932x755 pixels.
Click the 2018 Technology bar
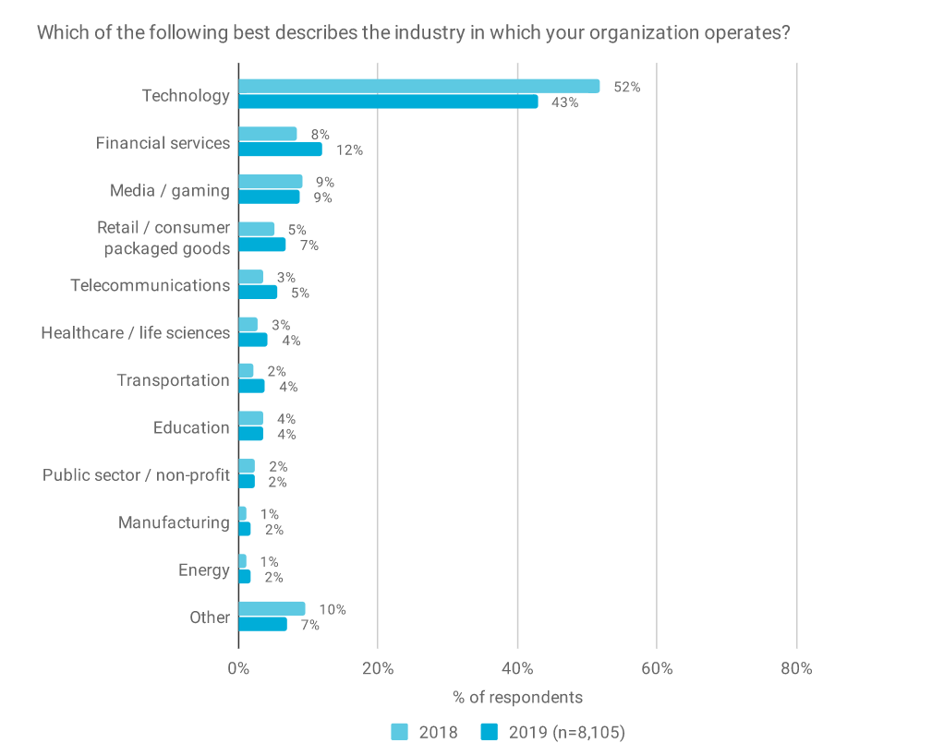click(x=418, y=86)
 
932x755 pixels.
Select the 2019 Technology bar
click(x=388, y=102)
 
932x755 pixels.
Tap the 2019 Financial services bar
click(x=280, y=150)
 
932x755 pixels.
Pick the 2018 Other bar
click(x=272, y=609)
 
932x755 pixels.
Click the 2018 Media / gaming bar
click(x=270, y=182)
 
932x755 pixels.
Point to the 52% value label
click(x=627, y=87)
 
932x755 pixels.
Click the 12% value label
click(x=349, y=150)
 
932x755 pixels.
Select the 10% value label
click(x=333, y=609)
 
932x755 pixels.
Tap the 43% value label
click(x=564, y=102)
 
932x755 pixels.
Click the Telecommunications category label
click(x=150, y=285)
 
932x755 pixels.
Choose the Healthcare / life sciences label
click(x=135, y=332)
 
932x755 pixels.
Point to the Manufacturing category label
click(x=174, y=522)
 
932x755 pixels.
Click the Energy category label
click(x=203, y=570)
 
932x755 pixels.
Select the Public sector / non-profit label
click(x=136, y=475)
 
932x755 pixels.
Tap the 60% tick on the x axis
click(x=656, y=668)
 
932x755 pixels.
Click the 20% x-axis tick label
click(x=378, y=668)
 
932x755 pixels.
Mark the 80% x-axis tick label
click(x=795, y=668)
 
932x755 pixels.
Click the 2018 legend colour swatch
click(x=399, y=732)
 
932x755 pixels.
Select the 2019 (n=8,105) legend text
click(x=566, y=732)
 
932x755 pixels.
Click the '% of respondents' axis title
click(x=517, y=697)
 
